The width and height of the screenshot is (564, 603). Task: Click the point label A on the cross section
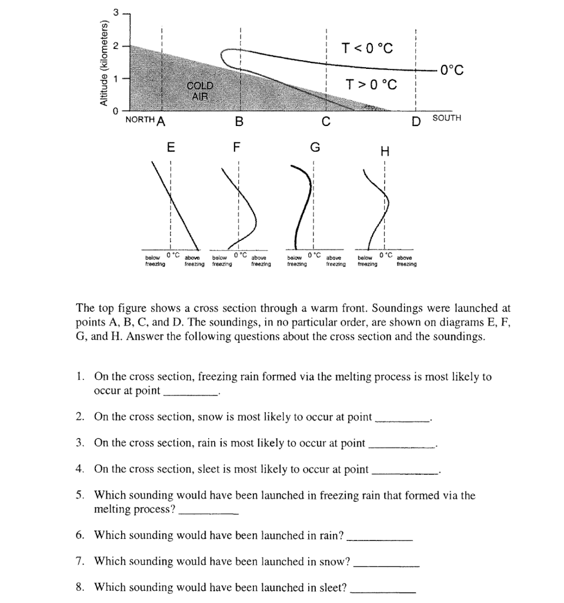(x=161, y=122)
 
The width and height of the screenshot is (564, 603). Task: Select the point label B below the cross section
(x=238, y=122)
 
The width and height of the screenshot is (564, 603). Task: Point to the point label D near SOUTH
(x=416, y=122)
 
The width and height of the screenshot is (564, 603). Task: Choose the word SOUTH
(x=447, y=118)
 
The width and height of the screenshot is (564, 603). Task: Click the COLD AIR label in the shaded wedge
(x=200, y=90)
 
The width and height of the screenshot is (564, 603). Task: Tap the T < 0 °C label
(x=366, y=48)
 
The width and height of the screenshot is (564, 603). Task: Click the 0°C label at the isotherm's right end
(x=451, y=70)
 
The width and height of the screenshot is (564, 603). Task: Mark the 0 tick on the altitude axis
(x=116, y=111)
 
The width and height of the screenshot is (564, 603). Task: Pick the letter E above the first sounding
(x=170, y=147)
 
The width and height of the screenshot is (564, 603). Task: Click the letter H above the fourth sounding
(x=385, y=152)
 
